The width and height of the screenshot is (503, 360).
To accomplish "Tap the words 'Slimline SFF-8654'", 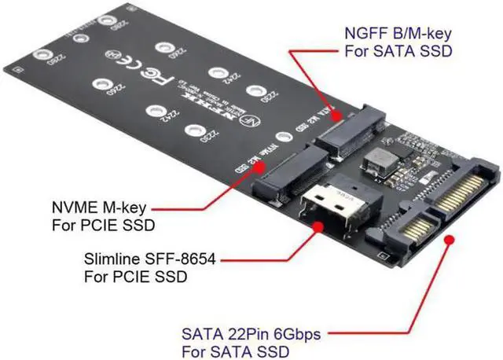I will (x=149, y=259).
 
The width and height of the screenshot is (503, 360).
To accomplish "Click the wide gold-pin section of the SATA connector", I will (x=464, y=189).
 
